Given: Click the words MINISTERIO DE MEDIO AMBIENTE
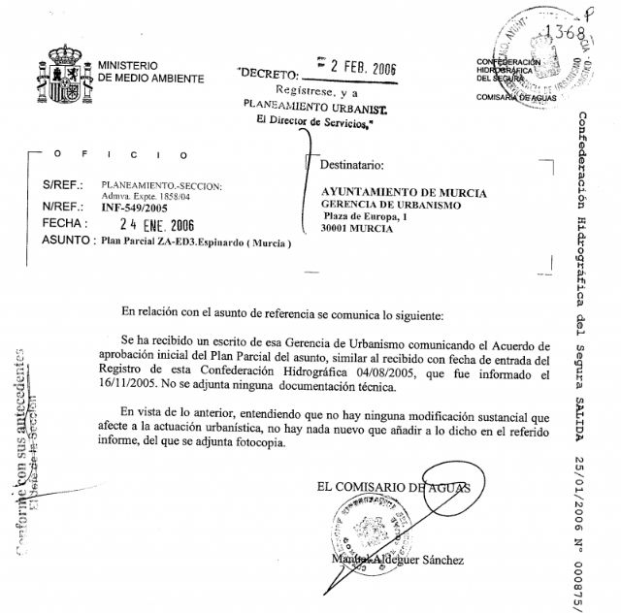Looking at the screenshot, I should pyautogui.click(x=150, y=72).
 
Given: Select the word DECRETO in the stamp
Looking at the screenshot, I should pyautogui.click(x=272, y=74).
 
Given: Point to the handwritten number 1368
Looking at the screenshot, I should pyautogui.click(x=568, y=32).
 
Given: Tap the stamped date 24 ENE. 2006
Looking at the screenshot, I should pyautogui.click(x=138, y=224).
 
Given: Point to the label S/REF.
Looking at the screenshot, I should pyautogui.click(x=64, y=184).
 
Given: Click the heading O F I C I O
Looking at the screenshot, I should pyautogui.click(x=108, y=154).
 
